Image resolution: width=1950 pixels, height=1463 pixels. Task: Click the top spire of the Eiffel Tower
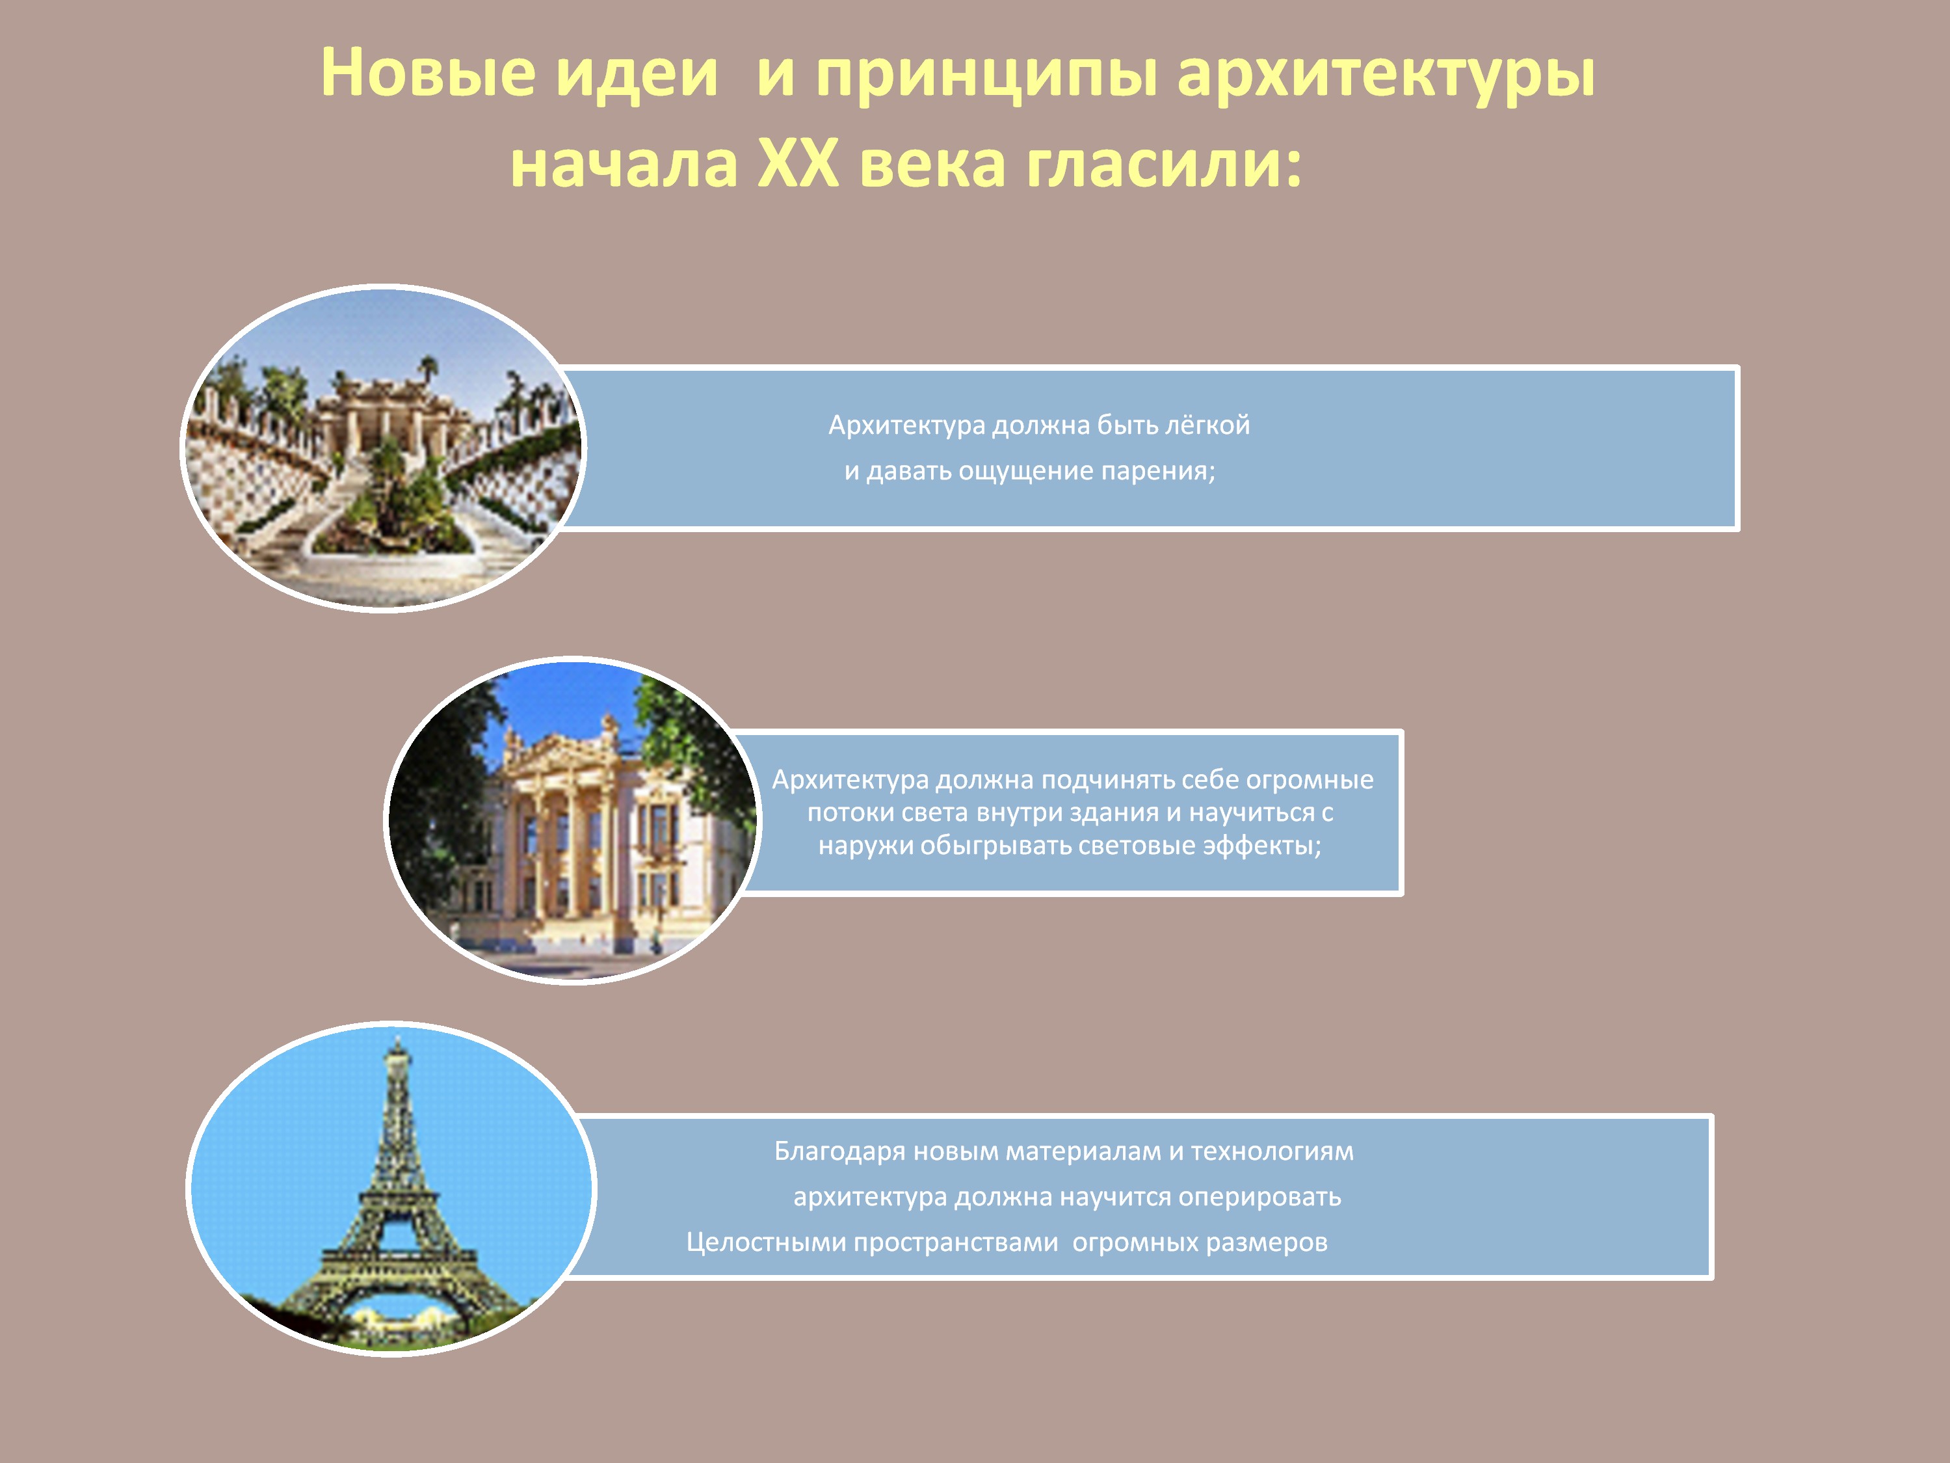coord(397,1039)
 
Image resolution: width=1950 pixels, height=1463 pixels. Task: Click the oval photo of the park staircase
coord(382,448)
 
